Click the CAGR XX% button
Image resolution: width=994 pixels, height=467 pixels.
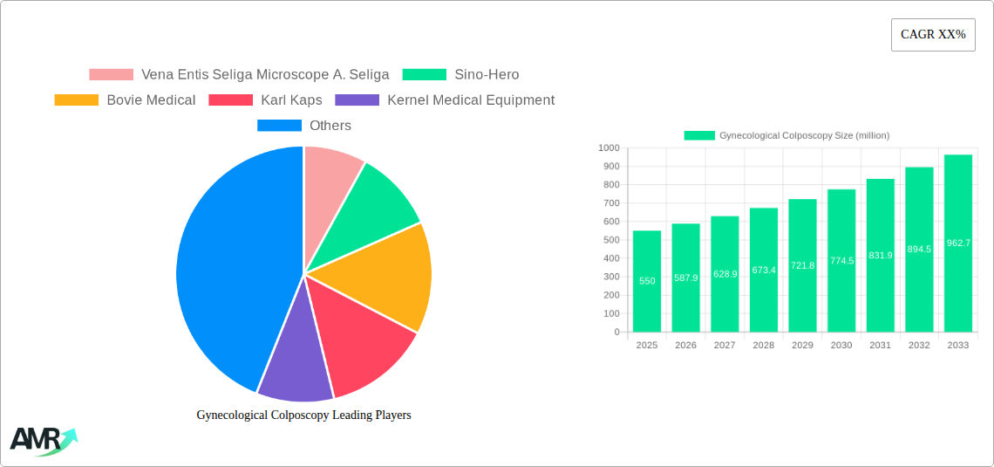(933, 35)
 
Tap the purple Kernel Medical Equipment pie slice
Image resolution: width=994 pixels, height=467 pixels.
(294, 367)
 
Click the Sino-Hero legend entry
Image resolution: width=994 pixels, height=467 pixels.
(486, 75)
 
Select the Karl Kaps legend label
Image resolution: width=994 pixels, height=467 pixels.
(291, 100)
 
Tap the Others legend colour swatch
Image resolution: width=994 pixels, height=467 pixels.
(279, 126)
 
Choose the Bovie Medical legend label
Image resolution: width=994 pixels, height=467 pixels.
(151, 100)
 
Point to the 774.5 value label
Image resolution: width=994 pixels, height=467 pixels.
(841, 261)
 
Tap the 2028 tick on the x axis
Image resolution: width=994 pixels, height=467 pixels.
(764, 346)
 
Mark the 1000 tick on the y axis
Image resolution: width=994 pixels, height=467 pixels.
(609, 148)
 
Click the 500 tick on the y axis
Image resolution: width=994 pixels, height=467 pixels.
(611, 240)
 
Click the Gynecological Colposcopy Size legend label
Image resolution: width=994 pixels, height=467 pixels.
(804, 135)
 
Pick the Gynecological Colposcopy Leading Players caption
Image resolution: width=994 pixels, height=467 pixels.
(303, 415)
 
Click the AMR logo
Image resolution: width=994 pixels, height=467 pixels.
(42, 441)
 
